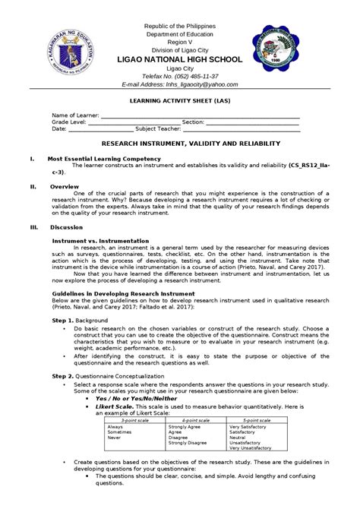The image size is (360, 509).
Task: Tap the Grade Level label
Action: coord(71,122)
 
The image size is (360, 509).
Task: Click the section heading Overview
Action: coord(63,186)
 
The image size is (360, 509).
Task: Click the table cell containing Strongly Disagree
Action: coord(187,442)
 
